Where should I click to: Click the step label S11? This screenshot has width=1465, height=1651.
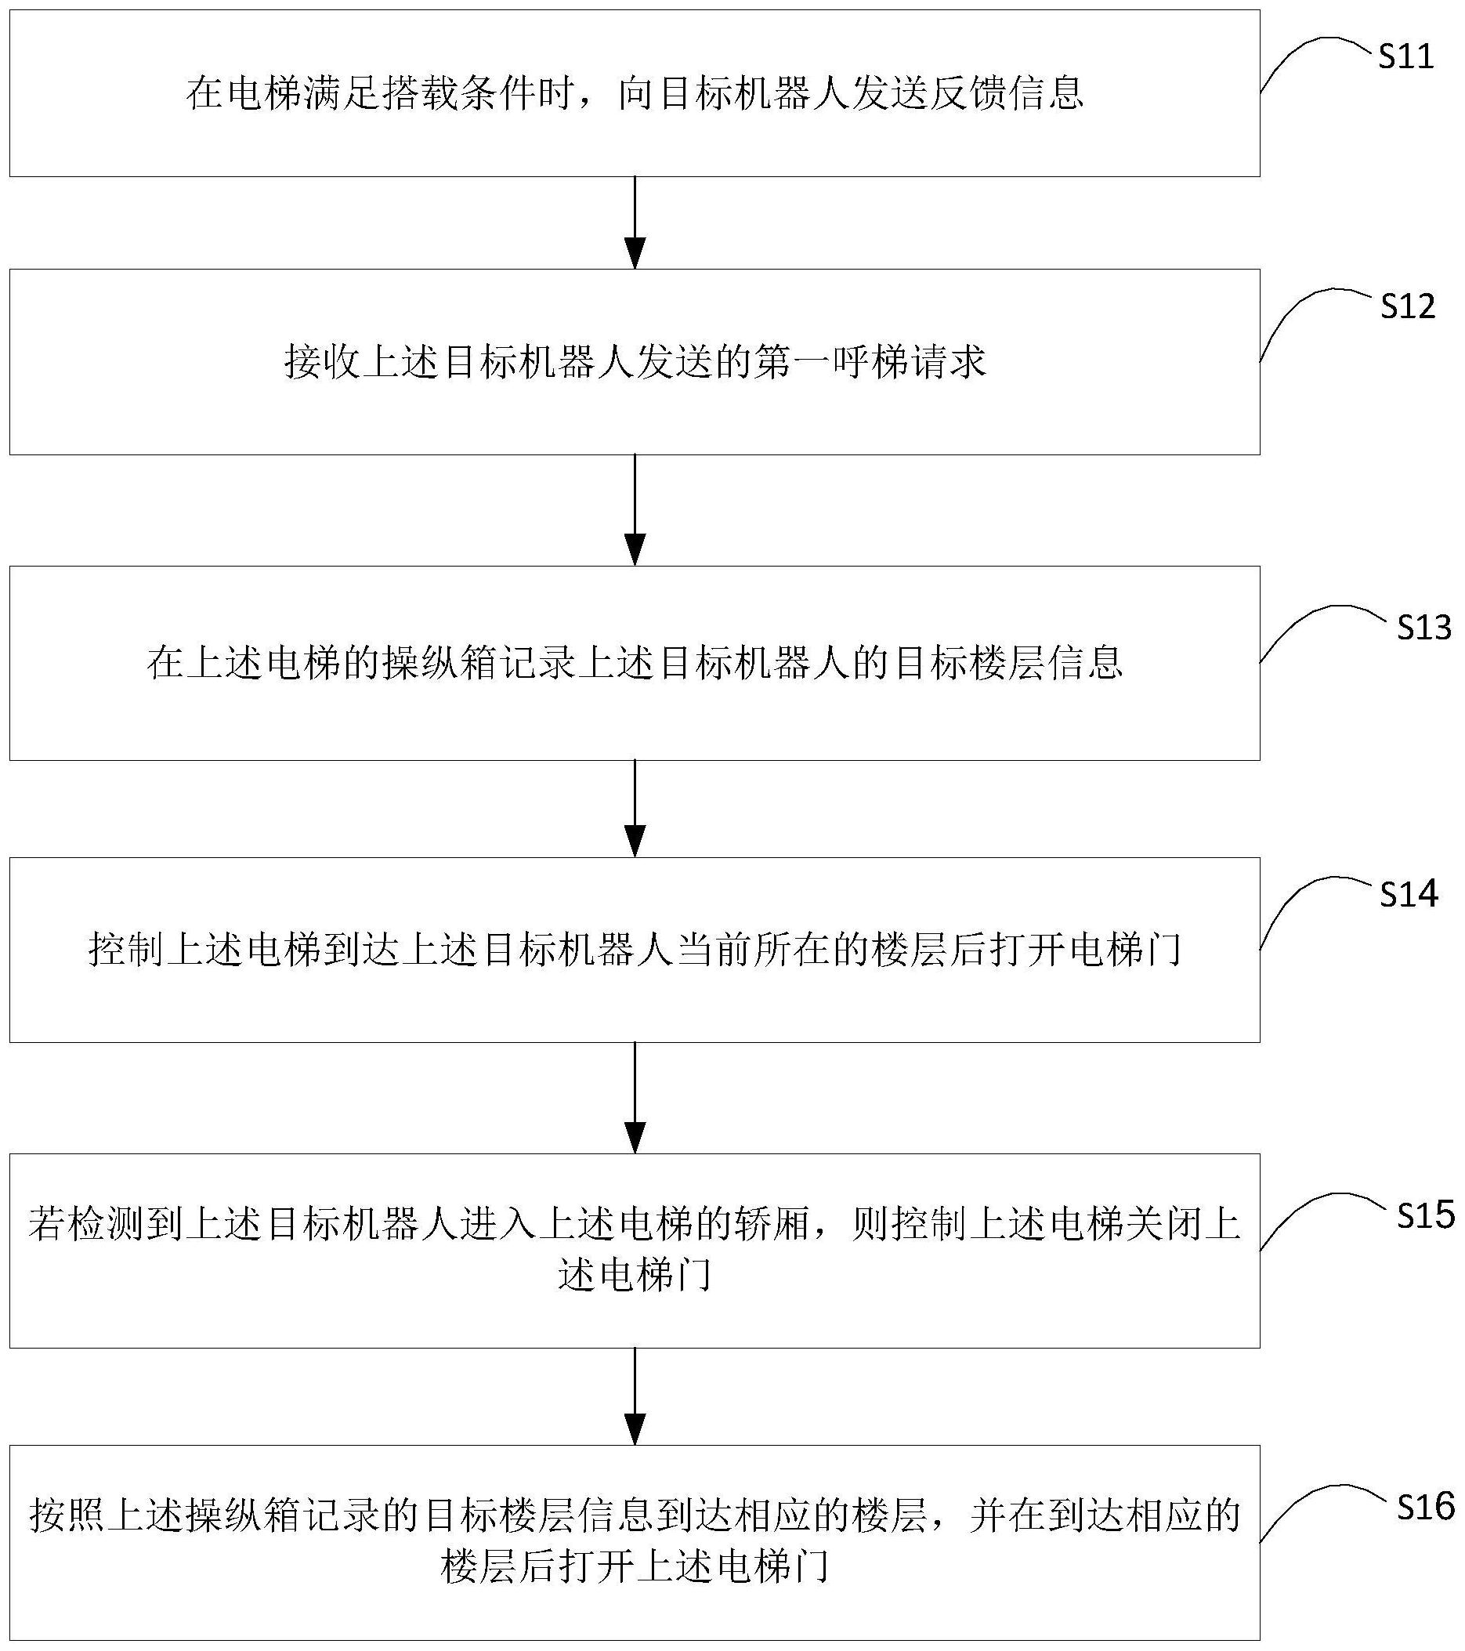pyautogui.click(x=1406, y=56)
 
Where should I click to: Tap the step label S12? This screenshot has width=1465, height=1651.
pyautogui.click(x=1408, y=306)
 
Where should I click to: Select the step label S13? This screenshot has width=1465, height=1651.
pyautogui.click(x=1424, y=628)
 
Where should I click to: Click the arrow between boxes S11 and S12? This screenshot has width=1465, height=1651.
pyautogui.click(x=635, y=222)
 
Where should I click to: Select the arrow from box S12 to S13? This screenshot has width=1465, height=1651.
pyautogui.click(x=635, y=509)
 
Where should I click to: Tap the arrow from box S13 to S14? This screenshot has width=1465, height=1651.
pyautogui.click(x=635, y=809)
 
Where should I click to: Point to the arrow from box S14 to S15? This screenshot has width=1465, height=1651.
pyautogui.click(x=635, y=1098)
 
